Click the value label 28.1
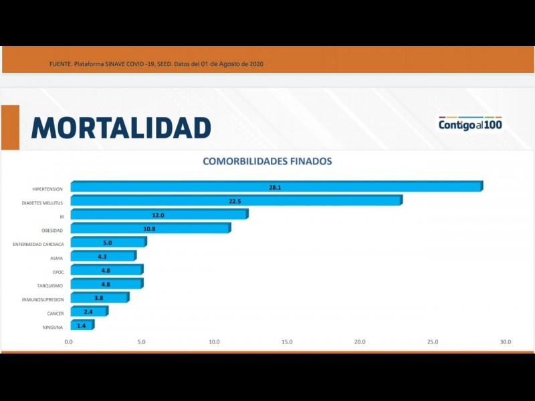tap(275, 187)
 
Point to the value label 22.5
tap(235, 201)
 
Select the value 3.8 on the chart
tap(98, 298)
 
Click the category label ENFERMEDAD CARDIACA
tap(38, 245)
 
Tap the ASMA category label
tap(57, 259)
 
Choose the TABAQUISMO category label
tap(50, 286)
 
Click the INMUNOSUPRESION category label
tap(43, 300)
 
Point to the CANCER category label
tap(55, 313)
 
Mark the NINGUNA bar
tap(82, 325)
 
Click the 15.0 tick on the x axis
tap(287, 342)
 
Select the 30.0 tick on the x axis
tap(505, 342)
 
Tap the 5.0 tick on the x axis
tap(142, 342)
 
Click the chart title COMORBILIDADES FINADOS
tap(267, 161)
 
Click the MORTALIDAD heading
tap(121, 128)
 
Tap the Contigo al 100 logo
tap(470, 124)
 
